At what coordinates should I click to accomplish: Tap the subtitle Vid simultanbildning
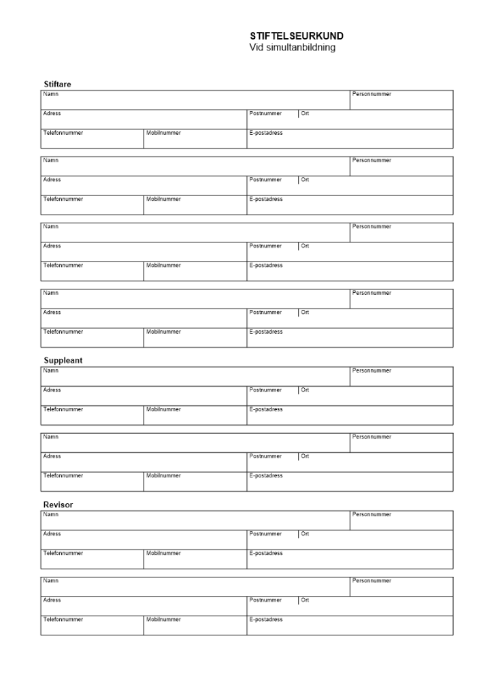[x=293, y=48]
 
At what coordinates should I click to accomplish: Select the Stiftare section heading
[x=58, y=84]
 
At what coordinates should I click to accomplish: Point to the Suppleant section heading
[x=63, y=361]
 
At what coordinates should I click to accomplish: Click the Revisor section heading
[x=59, y=505]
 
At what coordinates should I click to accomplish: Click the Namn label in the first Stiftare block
[x=51, y=94]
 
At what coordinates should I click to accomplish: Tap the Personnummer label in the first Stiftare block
[x=372, y=94]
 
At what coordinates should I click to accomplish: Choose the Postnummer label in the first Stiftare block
[x=265, y=114]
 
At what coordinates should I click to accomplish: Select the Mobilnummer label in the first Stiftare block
[x=164, y=133]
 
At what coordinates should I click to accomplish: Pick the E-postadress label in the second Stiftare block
[x=266, y=199]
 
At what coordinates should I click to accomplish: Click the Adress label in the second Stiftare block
[x=52, y=180]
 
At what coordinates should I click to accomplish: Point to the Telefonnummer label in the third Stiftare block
[x=63, y=265]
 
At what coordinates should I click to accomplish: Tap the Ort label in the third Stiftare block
[x=305, y=246]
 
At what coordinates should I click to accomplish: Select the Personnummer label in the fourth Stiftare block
[x=372, y=293]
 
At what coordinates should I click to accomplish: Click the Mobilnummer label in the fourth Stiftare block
[x=164, y=332]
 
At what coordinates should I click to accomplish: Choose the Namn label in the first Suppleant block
[x=51, y=371]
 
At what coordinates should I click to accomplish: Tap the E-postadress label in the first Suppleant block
[x=266, y=409]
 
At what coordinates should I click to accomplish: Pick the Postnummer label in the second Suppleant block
[x=265, y=456]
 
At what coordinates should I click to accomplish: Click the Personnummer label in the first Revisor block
[x=372, y=515]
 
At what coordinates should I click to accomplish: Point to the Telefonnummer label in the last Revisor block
[x=63, y=619]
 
